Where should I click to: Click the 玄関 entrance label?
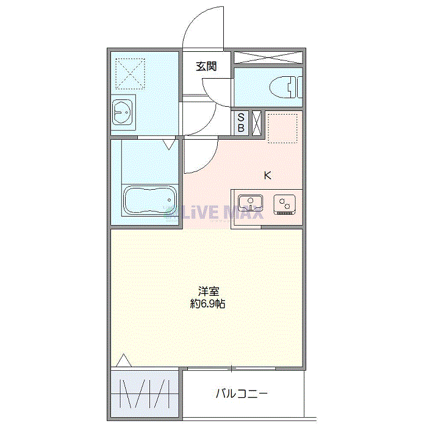pyautogui.click(x=206, y=66)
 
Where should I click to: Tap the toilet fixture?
pyautogui.click(x=286, y=87)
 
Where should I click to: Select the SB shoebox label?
pyautogui.click(x=241, y=123)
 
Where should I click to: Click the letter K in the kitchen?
pyautogui.click(x=268, y=176)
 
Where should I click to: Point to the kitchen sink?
pyautogui.click(x=251, y=203)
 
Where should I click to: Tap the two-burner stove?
pyautogui.click(x=285, y=204)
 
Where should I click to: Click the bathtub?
pyautogui.click(x=150, y=200)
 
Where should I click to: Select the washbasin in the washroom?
pyautogui.click(x=123, y=112)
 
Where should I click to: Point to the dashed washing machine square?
pyautogui.click(x=130, y=74)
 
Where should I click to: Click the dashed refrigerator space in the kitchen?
pyautogui.click(x=282, y=129)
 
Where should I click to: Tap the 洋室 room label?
pyautogui.click(x=209, y=292)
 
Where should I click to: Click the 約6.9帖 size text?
pyautogui.click(x=207, y=303)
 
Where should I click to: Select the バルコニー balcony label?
pyautogui.click(x=242, y=393)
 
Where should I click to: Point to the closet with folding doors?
pyautogui.click(x=145, y=393)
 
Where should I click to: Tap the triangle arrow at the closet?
pyautogui.click(x=124, y=361)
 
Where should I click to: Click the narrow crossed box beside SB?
pyautogui.click(x=257, y=123)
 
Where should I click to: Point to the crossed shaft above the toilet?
pyautogui.click(x=268, y=57)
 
